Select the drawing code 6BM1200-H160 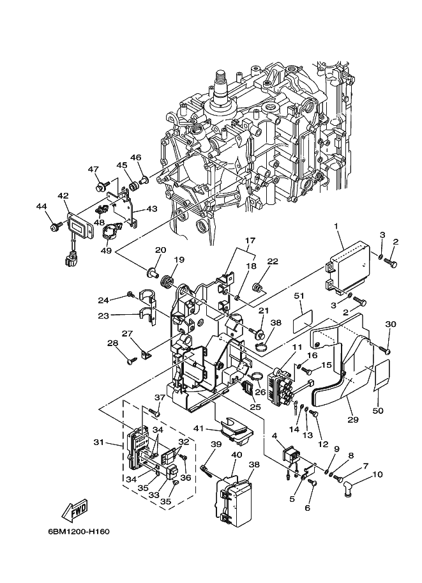79,532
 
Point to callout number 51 299,296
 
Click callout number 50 380,411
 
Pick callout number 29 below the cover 353,420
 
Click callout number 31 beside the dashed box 99,443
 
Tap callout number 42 64,196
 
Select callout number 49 106,250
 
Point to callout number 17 250,241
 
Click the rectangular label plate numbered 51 302,321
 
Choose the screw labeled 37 154,413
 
